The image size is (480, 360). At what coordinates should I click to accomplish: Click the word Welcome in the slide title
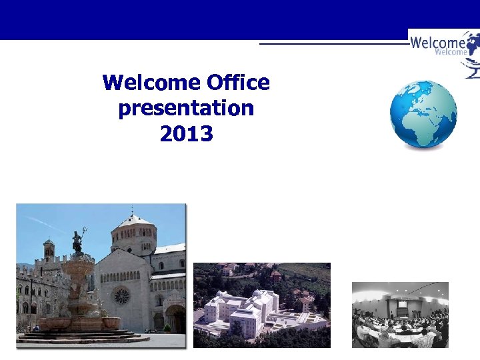(152, 83)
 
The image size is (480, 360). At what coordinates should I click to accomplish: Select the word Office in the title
(238, 83)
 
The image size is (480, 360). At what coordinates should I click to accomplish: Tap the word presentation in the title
(186, 108)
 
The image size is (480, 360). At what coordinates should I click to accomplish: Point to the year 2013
(186, 134)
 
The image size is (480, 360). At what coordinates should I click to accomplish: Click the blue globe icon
(423, 114)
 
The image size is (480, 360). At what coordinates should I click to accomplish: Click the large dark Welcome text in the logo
(437, 43)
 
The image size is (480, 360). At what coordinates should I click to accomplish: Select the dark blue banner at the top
(200, 19)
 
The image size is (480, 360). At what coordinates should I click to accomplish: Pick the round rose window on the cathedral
(121, 295)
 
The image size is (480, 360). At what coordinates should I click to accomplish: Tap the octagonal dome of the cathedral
(133, 233)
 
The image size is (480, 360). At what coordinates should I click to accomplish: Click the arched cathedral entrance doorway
(175, 319)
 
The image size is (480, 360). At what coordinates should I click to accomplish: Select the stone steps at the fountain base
(80, 337)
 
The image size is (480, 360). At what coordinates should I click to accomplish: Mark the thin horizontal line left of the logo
(333, 43)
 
